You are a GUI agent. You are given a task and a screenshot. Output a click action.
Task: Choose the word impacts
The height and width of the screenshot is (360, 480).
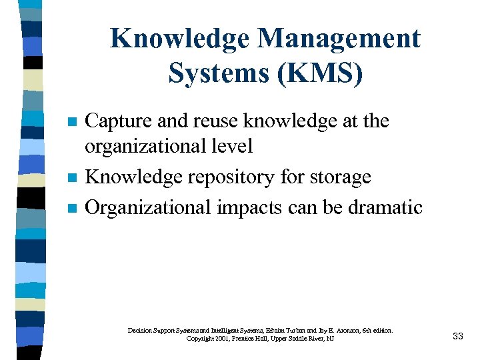point(250,207)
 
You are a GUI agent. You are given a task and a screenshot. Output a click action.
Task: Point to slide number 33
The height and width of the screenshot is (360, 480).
point(457,336)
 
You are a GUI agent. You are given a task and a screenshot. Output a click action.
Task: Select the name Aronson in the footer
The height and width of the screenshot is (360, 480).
point(350,330)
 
